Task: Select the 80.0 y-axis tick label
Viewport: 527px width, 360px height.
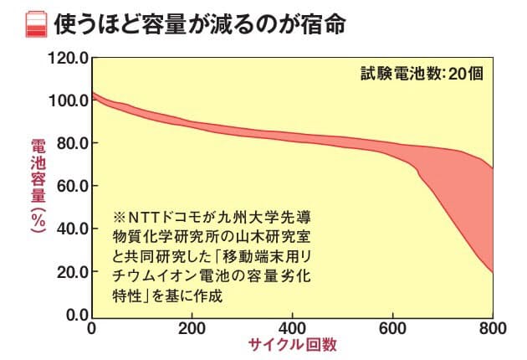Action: (x=74, y=144)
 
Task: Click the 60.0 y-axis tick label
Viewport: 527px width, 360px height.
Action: (x=74, y=187)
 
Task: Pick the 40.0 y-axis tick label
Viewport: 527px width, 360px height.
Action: (x=74, y=229)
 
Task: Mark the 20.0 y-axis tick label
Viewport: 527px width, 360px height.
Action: (x=74, y=272)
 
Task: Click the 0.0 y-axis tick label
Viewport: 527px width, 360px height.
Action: (x=77, y=315)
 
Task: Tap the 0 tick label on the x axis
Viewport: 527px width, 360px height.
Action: (x=91, y=327)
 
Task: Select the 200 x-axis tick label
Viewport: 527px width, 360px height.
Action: (x=192, y=327)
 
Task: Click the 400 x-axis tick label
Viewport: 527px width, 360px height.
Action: (x=292, y=327)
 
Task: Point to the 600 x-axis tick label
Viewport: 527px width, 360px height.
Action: (x=392, y=327)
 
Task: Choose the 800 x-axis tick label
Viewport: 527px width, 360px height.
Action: (x=492, y=327)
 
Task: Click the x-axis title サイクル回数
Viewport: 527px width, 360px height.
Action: (x=292, y=345)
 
